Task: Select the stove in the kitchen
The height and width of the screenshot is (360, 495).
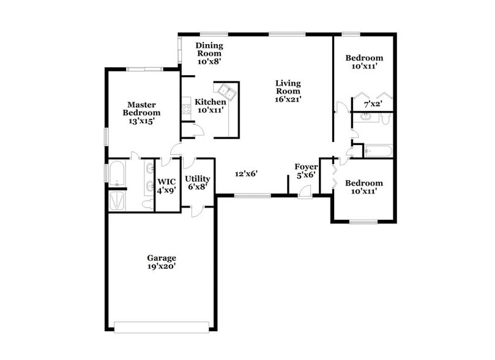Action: click(186, 110)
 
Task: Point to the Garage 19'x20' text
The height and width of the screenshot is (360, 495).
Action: click(162, 262)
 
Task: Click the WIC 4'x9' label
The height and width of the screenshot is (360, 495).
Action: click(167, 186)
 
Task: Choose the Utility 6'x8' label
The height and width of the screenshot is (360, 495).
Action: click(198, 182)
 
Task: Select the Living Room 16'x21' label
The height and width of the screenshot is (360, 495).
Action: click(288, 90)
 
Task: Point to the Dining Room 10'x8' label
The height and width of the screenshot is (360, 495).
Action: click(209, 53)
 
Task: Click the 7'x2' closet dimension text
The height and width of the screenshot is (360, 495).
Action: click(373, 105)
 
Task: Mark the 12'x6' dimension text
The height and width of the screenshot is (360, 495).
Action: click(246, 173)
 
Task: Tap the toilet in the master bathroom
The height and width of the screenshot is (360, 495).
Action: click(146, 203)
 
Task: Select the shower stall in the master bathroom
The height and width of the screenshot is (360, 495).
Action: click(116, 200)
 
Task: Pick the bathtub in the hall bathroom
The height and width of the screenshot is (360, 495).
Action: click(378, 151)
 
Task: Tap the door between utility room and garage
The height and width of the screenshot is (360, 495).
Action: click(196, 211)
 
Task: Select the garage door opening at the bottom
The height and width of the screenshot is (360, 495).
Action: click(165, 327)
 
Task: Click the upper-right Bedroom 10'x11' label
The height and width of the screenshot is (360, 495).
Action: click(364, 62)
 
